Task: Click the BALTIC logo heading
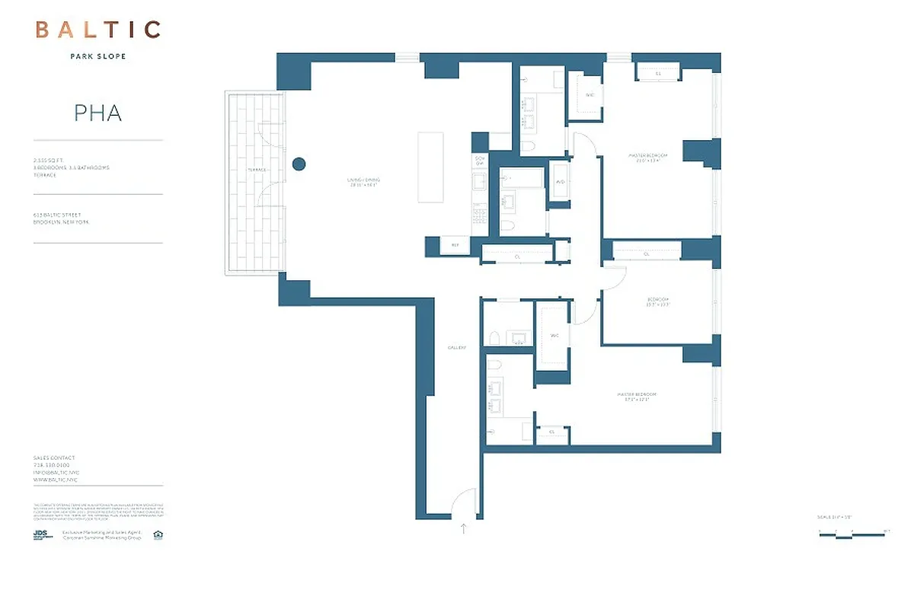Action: tap(98, 30)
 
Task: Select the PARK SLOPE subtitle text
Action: tap(98, 56)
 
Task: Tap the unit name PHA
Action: tap(98, 113)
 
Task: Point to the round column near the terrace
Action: tap(299, 163)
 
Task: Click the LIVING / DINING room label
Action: tap(364, 181)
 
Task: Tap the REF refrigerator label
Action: tap(455, 245)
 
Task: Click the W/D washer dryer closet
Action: tap(560, 183)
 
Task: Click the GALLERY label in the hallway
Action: tap(456, 347)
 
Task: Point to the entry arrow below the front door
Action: tap(463, 528)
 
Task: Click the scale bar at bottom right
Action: tap(852, 535)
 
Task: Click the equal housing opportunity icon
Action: tap(158, 535)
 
